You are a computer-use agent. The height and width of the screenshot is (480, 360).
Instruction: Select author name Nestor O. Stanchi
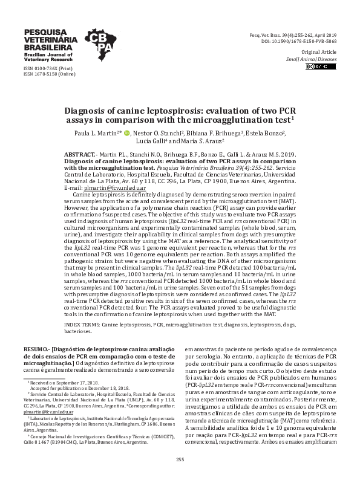click(162, 132)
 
